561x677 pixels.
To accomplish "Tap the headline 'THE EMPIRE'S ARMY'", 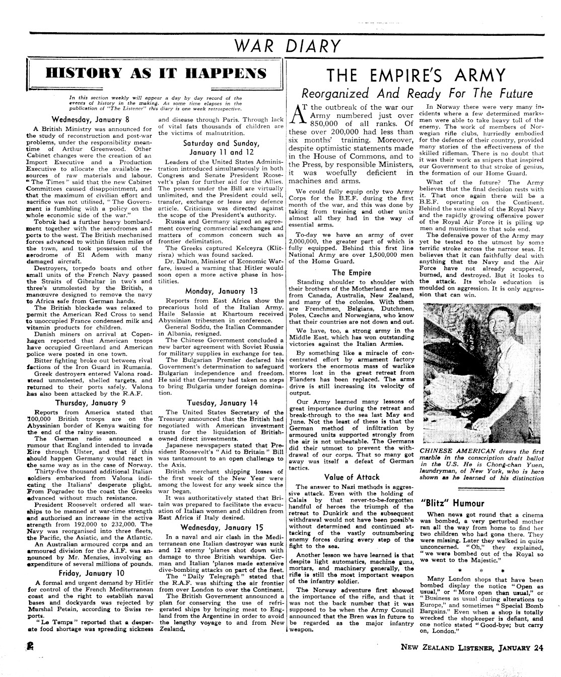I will (x=416, y=76).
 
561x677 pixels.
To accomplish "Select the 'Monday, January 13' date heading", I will (x=222, y=291).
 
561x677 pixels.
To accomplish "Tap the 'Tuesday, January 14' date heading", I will (x=222, y=403).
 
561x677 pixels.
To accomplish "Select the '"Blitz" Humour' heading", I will (x=452, y=503).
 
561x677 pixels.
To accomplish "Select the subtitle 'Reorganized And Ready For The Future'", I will (x=416, y=94).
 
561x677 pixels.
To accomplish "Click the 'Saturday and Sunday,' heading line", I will (x=222, y=143).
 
